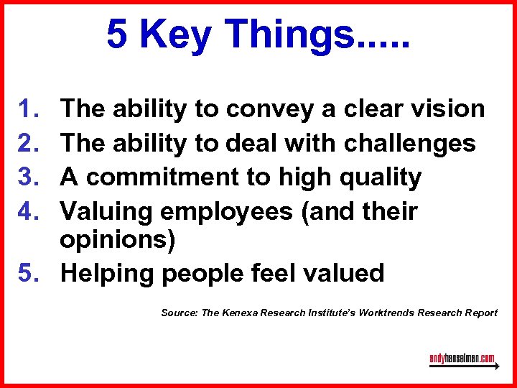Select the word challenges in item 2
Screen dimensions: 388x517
coord(409,143)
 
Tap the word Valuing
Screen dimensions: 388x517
coord(106,211)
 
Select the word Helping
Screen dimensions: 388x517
coord(107,273)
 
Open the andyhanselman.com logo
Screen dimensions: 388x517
coord(463,359)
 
